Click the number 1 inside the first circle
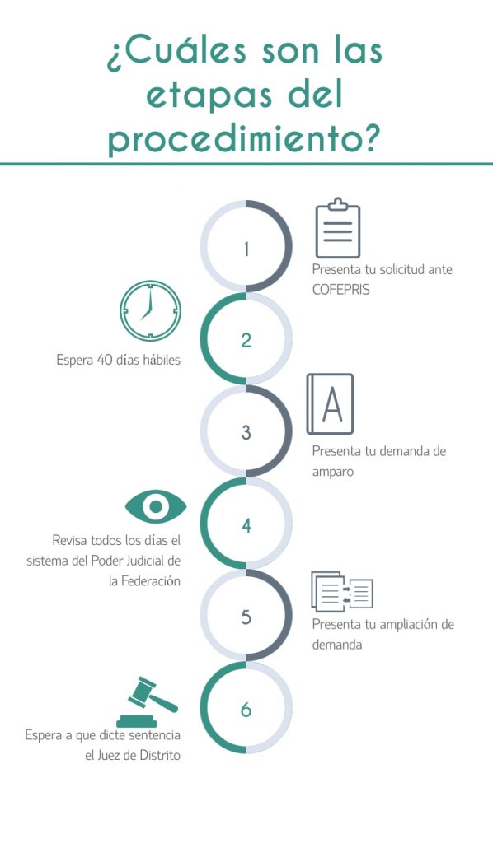246,249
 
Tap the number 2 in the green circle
246,340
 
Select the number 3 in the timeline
246,432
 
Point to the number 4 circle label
246,524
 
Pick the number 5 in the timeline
246,617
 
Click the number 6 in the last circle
246,709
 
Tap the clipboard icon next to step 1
337,228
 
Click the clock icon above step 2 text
150,310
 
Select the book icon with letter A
330,403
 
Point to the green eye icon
156,506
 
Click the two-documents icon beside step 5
342,591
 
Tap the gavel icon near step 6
147,701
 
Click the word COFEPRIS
341,289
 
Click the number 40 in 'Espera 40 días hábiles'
105,360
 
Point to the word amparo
332,473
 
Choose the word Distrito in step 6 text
160,756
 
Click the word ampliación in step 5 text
407,625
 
